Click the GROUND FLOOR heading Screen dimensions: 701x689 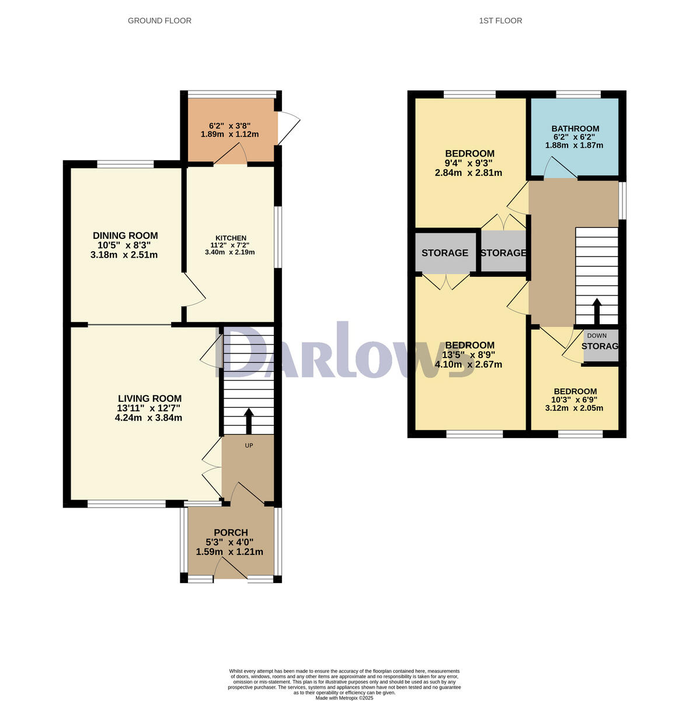point(159,20)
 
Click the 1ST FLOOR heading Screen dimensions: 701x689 point(500,20)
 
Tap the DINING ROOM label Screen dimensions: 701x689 point(125,235)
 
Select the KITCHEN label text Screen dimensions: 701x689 point(231,238)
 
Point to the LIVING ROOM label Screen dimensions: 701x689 point(149,399)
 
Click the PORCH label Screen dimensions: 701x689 point(231,532)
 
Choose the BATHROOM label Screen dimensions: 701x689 point(575,129)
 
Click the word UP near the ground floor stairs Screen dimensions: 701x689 point(249,445)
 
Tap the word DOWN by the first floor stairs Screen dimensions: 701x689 point(597,335)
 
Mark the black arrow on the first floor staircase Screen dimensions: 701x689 point(597,311)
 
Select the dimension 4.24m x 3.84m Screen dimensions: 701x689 point(149,418)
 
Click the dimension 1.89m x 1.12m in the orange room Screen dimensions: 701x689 point(229,134)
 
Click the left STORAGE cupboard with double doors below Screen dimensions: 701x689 point(444,253)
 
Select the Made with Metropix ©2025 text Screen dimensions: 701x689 point(344,697)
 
